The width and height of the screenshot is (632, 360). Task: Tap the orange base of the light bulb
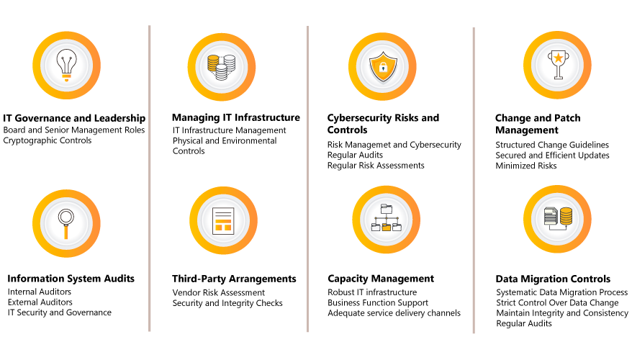pos(66,76)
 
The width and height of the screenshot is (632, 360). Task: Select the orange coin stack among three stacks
pos(213,63)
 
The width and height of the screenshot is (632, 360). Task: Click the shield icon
pos(383,67)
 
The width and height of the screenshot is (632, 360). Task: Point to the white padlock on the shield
pos(383,68)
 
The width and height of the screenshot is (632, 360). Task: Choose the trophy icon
pos(558,64)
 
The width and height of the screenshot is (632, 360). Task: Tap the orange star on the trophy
pos(558,58)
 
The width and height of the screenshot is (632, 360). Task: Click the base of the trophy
pos(558,76)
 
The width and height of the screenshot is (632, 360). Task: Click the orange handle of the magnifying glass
pos(66,232)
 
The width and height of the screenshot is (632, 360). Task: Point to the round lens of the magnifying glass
pos(66,216)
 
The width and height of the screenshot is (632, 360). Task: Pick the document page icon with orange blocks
pos(223,220)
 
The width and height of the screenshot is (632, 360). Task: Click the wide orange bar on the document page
pos(223,221)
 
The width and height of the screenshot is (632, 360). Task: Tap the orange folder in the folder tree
pos(387,228)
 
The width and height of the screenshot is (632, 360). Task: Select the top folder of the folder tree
pos(387,209)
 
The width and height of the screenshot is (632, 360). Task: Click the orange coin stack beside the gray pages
pos(566,216)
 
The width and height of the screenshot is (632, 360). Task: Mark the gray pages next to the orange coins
pos(551,216)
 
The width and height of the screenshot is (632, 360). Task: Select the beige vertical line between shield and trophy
pos(474,180)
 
